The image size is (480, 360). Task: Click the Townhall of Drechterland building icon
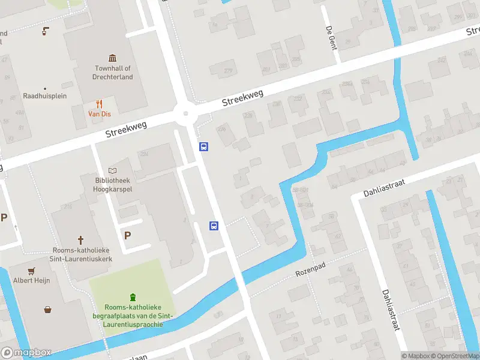(x=113, y=58)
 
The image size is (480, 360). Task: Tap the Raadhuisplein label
(x=45, y=96)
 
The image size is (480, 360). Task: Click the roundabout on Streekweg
(x=187, y=113)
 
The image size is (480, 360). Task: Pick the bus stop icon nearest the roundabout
(x=204, y=146)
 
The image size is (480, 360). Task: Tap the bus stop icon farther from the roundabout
(x=214, y=226)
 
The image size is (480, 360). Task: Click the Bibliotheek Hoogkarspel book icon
(x=112, y=171)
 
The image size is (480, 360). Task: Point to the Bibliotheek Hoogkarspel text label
(x=112, y=185)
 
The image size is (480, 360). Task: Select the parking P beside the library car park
(x=127, y=235)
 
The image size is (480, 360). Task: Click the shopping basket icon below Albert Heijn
(x=47, y=310)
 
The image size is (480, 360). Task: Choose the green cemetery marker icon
(x=133, y=296)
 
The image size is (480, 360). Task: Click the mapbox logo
(x=26, y=353)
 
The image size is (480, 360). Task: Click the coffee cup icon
(x=45, y=31)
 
